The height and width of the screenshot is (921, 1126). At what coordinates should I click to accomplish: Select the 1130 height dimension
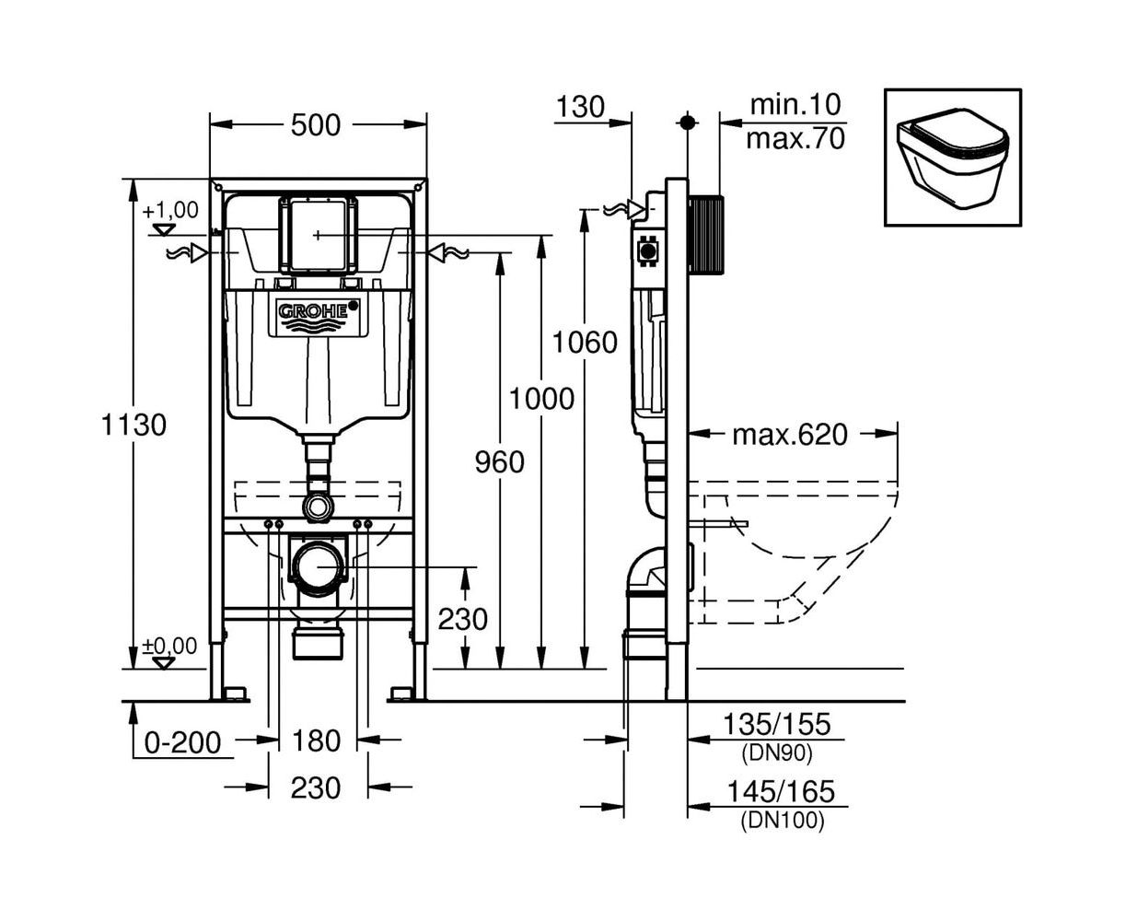click(135, 425)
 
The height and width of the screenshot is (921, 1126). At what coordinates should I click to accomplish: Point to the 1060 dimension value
click(585, 343)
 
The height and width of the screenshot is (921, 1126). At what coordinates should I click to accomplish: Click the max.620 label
click(789, 434)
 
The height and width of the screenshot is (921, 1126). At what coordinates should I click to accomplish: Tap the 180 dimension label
click(316, 740)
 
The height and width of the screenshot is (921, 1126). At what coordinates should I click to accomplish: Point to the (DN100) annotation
click(782, 820)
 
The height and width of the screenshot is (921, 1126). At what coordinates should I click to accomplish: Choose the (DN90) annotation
click(776, 752)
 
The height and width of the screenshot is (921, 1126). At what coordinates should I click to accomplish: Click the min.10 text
click(795, 104)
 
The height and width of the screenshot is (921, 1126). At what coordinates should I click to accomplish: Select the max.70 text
click(795, 138)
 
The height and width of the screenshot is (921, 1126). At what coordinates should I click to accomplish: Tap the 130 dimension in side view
click(580, 107)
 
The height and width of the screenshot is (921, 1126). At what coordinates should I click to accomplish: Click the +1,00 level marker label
click(170, 209)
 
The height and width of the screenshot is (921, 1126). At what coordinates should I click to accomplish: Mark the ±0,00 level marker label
click(169, 646)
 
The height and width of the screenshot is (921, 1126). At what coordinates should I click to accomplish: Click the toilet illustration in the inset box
click(952, 157)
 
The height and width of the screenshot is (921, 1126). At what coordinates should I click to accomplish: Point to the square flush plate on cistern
click(317, 235)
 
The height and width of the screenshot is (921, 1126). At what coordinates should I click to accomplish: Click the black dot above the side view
click(686, 122)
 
